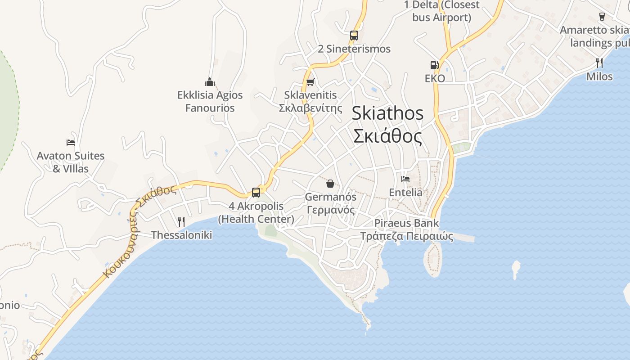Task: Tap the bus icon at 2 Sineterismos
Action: point(354,35)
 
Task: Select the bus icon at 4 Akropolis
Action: point(256,193)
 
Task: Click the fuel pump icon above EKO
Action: point(434,65)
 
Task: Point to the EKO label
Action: point(435,78)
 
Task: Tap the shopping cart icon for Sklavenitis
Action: point(310,82)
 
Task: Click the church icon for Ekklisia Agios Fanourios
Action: point(210,82)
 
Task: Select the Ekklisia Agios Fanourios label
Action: point(210,101)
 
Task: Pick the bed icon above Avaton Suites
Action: point(71,143)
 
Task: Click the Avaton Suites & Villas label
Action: point(71,162)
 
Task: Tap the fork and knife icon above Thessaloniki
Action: point(181,221)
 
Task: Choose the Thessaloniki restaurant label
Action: point(181,235)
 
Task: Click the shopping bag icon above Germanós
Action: point(330,183)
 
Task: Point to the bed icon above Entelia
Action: point(405,179)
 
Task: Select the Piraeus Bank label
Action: point(406,229)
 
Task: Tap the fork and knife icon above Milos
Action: point(599,63)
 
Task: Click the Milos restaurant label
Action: point(599,76)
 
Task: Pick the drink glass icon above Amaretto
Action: point(602,17)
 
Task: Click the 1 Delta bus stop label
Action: point(442,11)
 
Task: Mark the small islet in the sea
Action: point(516,269)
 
